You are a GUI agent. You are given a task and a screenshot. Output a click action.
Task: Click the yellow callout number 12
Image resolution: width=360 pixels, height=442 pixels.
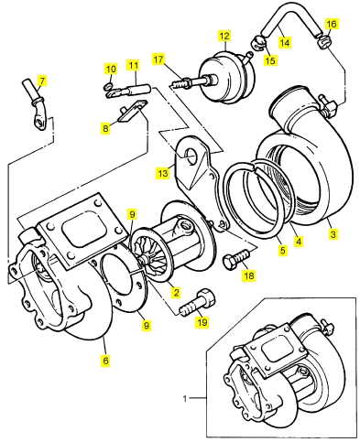[224, 36]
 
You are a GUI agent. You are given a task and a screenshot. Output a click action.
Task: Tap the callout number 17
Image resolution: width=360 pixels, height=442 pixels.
[158, 59]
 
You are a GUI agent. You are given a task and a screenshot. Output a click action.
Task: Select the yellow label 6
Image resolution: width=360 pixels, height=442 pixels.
[105, 361]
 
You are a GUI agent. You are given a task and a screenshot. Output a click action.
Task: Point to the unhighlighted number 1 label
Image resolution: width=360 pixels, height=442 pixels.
[185, 399]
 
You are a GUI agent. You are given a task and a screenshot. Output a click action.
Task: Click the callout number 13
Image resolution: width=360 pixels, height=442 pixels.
[163, 173]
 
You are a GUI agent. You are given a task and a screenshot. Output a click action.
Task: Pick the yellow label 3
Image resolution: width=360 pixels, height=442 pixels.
[333, 234]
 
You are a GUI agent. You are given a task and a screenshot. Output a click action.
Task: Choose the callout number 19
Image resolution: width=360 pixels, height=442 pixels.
[202, 322]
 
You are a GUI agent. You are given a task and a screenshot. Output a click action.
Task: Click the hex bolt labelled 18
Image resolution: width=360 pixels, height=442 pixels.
[236, 259]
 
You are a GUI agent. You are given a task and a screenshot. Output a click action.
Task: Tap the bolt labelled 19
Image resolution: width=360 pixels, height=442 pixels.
[198, 303]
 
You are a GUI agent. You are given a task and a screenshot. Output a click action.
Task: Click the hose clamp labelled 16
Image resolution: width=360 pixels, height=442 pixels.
[324, 42]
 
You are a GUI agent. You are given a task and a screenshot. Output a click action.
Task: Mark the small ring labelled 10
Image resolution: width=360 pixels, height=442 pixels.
[108, 86]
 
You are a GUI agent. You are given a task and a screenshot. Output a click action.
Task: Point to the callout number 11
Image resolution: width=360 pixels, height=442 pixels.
[133, 66]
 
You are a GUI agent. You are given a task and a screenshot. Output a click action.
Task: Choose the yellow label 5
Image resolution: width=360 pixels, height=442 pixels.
[283, 250]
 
